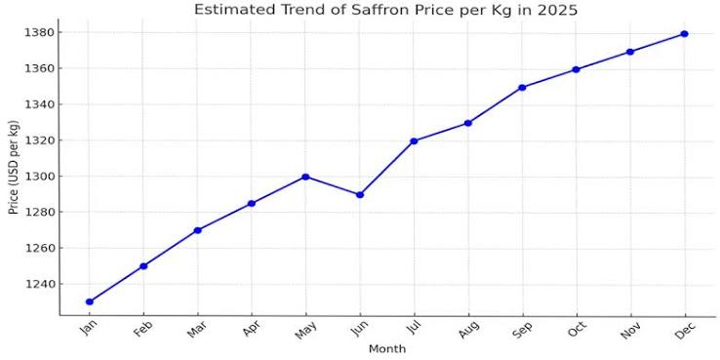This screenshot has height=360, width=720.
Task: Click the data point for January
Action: [90, 301]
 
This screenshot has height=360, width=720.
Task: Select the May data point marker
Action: [305, 177]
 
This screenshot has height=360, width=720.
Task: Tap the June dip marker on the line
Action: [360, 195]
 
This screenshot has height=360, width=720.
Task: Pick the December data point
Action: [684, 34]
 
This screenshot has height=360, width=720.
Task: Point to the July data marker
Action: [414, 140]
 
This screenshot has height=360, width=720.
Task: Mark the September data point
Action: [522, 87]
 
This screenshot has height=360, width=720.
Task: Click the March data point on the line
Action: [197, 230]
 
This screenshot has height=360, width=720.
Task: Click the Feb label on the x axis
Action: [142, 329]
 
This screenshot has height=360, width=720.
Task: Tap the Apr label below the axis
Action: [251, 329]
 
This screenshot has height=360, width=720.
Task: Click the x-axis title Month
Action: [387, 349]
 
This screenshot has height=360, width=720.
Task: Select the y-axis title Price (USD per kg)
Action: [14, 166]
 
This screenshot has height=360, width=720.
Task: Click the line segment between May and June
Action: [333, 186]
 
